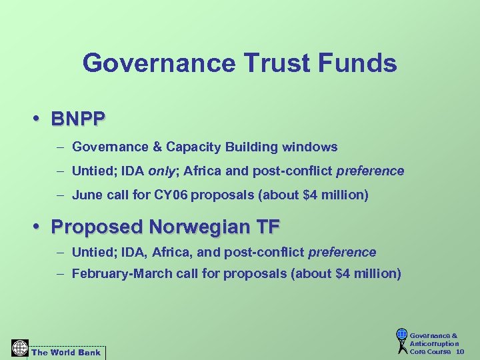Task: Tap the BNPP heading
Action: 78,119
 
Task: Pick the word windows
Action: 312,147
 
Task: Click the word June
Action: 87,196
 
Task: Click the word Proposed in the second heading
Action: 97,227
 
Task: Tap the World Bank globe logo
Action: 20,349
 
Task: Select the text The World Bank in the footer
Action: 65,352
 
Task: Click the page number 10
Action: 460,351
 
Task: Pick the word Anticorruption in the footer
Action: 434,343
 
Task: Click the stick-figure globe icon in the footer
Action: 401,341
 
